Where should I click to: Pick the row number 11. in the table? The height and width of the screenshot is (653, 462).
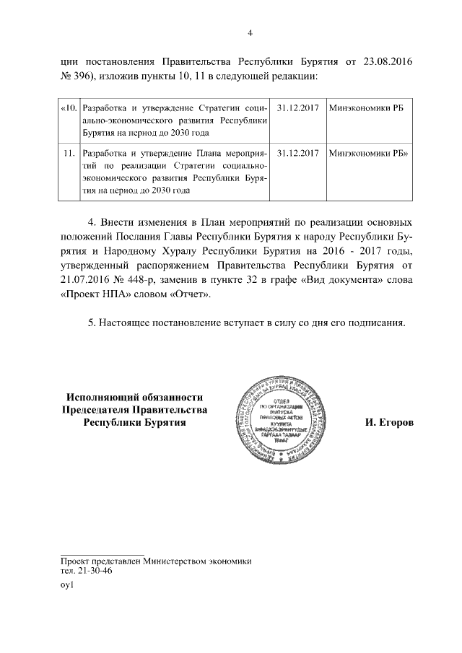pos(70,154)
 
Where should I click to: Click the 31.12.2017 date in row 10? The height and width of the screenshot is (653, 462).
pos(297,108)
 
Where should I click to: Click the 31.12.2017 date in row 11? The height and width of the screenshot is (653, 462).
pos(297,154)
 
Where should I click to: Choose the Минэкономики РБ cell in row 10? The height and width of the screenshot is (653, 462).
pos(365,108)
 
